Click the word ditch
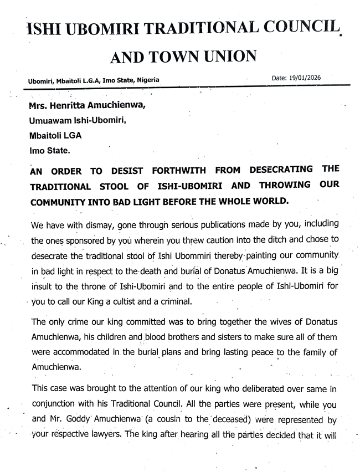pos(253,242)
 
